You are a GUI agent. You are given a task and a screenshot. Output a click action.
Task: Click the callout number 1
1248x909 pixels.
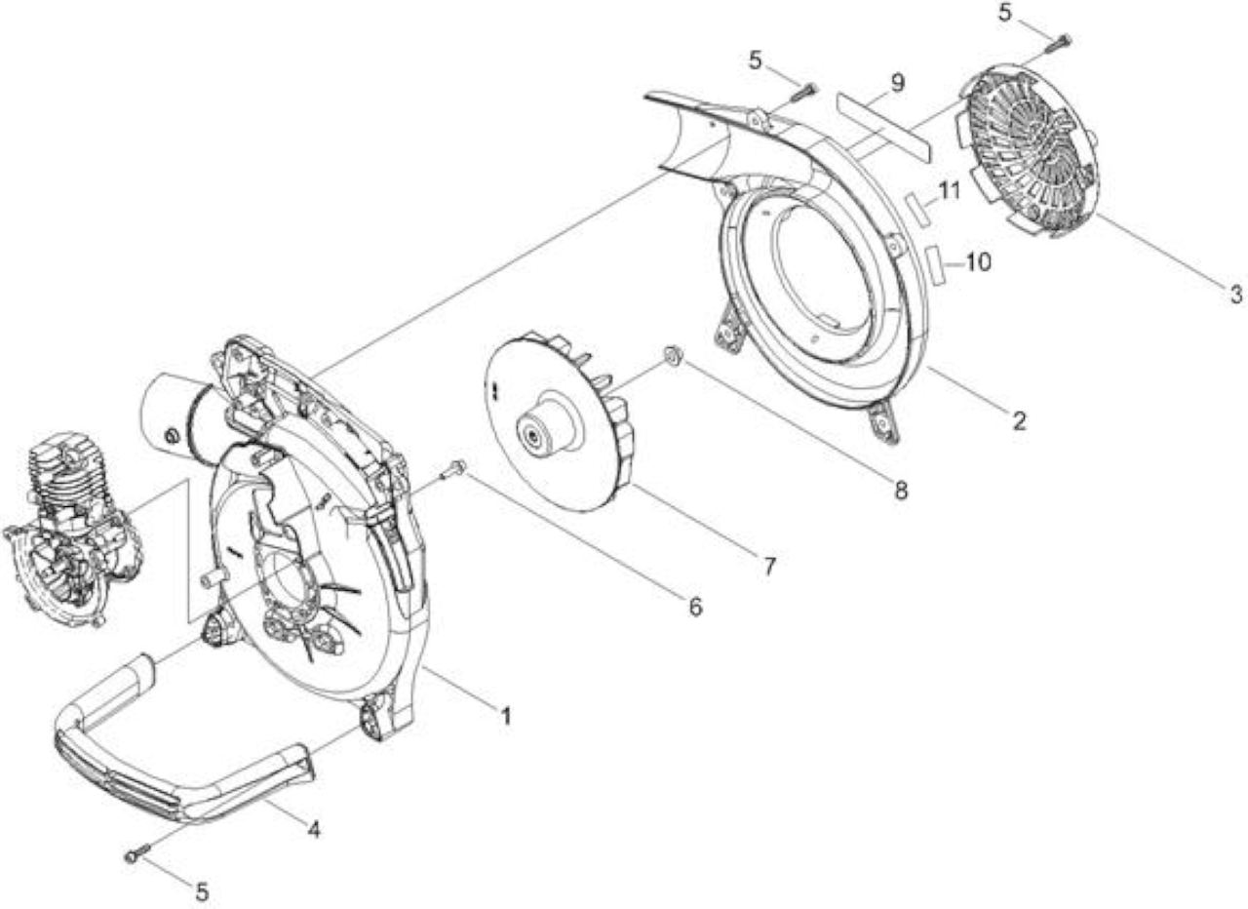click(x=505, y=716)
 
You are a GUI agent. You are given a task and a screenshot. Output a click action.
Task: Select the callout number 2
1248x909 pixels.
click(x=1019, y=421)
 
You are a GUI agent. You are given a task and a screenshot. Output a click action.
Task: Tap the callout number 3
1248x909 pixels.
click(x=1235, y=294)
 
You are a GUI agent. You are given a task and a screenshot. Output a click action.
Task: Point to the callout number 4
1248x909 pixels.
click(x=314, y=830)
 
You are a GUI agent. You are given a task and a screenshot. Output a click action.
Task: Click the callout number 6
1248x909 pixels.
click(x=695, y=607)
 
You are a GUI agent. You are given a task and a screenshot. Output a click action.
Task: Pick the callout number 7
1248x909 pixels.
click(x=769, y=567)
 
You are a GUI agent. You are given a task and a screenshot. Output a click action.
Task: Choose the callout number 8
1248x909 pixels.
click(x=900, y=490)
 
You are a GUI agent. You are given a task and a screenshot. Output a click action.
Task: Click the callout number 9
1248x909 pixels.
click(x=896, y=83)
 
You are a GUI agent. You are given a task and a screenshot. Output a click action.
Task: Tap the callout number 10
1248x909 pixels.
click(x=978, y=262)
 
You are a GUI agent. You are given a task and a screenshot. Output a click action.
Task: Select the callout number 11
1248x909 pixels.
click(x=950, y=191)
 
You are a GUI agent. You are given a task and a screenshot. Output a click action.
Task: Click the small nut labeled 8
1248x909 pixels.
click(x=672, y=356)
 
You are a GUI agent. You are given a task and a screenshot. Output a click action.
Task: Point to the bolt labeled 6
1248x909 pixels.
click(x=454, y=468)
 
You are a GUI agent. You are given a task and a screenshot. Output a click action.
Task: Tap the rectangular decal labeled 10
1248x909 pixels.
click(x=939, y=266)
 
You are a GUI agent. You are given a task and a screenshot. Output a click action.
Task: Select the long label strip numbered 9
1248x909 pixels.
click(x=883, y=127)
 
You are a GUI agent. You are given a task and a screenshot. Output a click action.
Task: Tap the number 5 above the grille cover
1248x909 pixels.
click(x=1004, y=13)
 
